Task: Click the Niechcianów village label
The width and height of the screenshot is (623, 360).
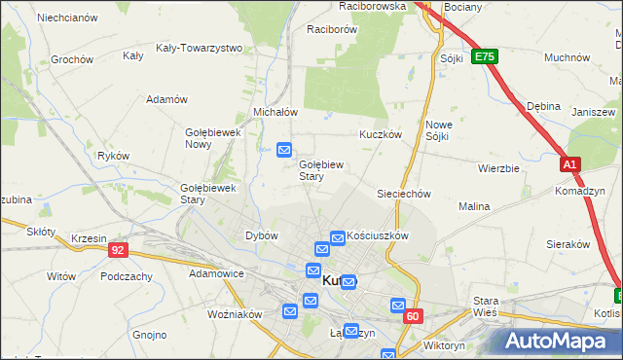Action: pos(66,18)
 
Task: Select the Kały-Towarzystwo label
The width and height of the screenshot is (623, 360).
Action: pos(199,47)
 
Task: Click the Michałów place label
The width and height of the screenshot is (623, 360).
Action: pos(275,112)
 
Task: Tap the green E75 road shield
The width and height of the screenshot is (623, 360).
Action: pos(484,57)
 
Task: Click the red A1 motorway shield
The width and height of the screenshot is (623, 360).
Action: pos(570,165)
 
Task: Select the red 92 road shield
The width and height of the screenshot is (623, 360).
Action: pos(118,250)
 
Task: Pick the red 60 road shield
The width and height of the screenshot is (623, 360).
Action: pos(414,316)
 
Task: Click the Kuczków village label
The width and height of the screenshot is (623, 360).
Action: pos(381,134)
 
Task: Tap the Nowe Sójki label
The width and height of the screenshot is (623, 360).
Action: pos(438,130)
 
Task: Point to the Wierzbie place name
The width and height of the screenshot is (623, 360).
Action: pos(498,167)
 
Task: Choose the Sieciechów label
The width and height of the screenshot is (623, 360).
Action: pos(404,194)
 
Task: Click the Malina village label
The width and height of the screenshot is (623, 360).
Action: pos(474,206)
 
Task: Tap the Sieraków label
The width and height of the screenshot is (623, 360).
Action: pos(569,244)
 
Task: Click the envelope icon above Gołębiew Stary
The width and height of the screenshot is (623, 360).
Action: pos(284,150)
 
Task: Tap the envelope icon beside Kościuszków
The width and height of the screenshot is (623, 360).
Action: pos(338,236)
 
